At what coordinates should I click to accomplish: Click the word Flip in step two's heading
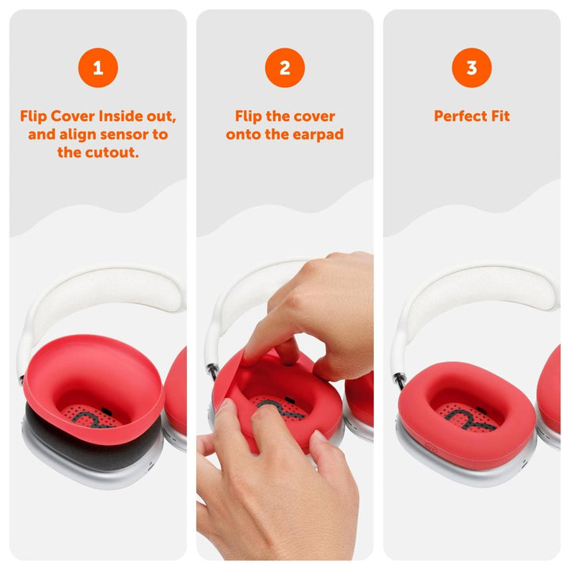click(251, 116)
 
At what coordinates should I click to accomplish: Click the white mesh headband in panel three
click(475, 289)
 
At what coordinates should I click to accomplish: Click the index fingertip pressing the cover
click(261, 348)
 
